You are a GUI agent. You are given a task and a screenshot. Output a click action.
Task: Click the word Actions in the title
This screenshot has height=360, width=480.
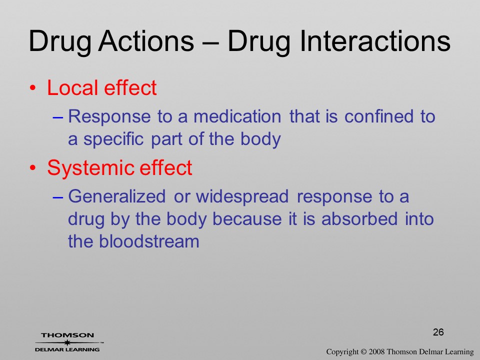click(146, 40)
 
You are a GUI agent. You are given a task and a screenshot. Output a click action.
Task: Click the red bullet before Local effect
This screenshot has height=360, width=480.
click(33, 88)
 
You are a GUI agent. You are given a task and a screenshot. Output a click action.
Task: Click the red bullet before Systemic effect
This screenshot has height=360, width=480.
click(33, 168)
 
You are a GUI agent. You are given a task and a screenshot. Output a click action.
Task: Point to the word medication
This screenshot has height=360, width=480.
click(237, 116)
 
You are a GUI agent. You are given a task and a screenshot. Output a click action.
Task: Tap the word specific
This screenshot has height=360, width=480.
click(113, 139)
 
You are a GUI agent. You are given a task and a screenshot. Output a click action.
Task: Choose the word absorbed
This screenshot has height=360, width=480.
click(359, 219)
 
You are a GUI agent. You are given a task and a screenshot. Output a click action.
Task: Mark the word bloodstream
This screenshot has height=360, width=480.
click(149, 241)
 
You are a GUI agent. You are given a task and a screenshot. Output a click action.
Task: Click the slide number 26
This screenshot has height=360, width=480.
click(438, 332)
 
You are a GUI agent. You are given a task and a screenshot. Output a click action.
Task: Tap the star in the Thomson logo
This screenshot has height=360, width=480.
click(67, 342)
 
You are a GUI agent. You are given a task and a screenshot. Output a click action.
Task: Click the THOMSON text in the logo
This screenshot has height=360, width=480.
click(67, 335)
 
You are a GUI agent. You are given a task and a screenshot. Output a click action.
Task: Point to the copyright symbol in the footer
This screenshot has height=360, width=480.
click(363, 352)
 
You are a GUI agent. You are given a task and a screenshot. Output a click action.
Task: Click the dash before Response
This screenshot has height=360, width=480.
click(58, 117)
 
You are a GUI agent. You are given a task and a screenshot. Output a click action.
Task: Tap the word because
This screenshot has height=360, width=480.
click(247, 219)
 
